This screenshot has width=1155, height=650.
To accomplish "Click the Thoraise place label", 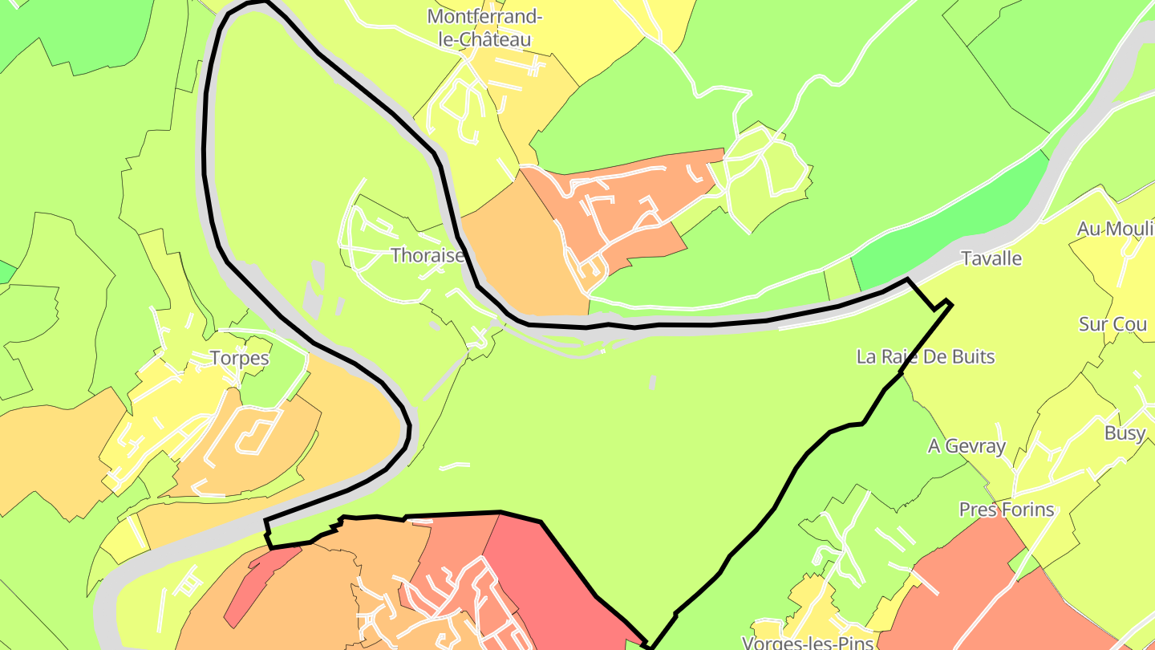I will pos(428,255).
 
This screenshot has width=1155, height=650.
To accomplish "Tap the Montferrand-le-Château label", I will pos(479,27).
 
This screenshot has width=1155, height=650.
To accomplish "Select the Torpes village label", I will pos(239,358).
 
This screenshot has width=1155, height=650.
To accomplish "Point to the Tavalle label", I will pos(991,258).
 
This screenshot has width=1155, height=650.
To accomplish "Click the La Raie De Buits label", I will pos(925,356).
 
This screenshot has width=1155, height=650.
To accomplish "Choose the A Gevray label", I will pos(967,446).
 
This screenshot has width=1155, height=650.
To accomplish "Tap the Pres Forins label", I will pos(1006,510).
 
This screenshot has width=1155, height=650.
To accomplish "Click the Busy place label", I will pos(1125,433).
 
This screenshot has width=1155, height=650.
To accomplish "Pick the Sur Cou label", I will pos(1112,324).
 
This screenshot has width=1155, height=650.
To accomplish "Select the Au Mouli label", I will pos(1115,229).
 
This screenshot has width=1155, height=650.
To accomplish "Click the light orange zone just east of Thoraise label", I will pos(521,249).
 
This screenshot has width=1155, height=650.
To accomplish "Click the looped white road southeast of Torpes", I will pos(255,433).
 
